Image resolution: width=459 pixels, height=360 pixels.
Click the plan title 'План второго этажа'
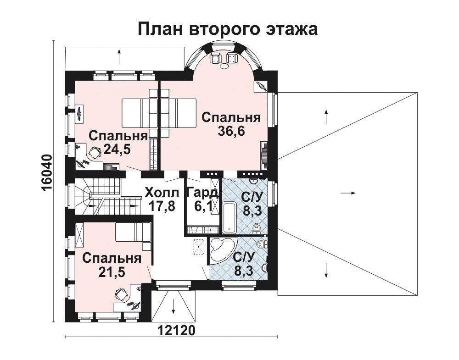coord(228,29)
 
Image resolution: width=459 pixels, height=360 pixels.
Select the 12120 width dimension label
coord(176,331)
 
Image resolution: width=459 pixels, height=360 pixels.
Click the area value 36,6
coord(231,131)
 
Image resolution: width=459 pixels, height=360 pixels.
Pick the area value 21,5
coord(112,272)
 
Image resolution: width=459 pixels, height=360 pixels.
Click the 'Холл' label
coord(162,193)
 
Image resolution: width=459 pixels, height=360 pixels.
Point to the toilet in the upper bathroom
coord(257,228)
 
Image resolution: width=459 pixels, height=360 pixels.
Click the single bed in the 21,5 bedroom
coord(133,232)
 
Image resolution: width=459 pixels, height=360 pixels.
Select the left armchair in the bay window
coord(215,58)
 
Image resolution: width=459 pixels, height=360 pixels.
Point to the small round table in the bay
coord(225,66)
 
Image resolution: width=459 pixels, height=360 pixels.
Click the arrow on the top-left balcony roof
coord(119,56)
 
